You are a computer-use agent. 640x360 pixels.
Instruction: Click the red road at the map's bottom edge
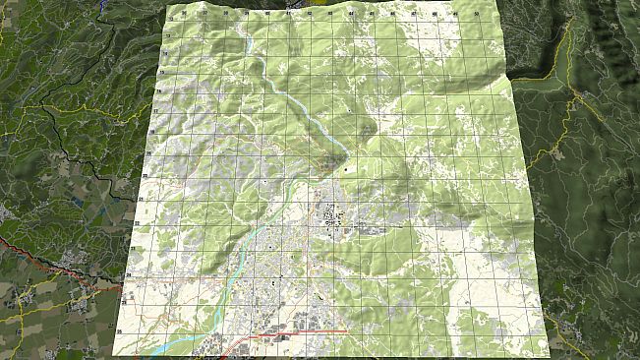[295, 333]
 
